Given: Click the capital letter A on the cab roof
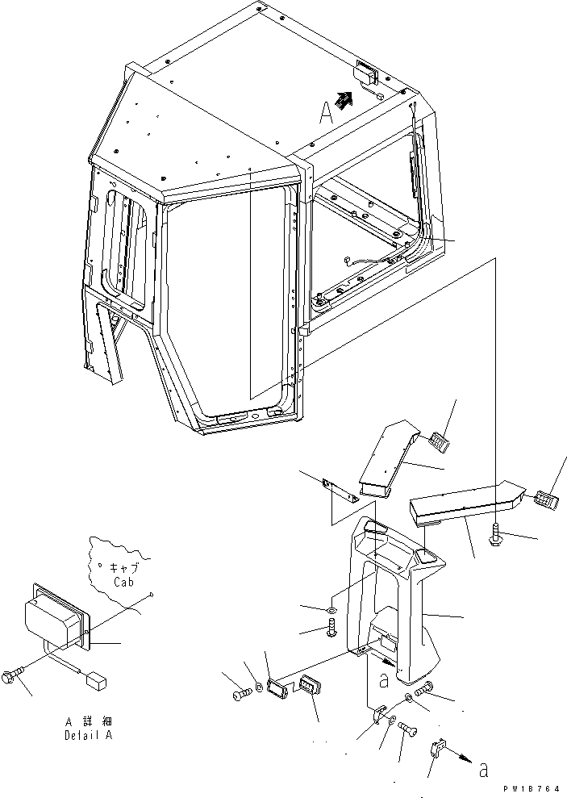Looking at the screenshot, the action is coord(326,112).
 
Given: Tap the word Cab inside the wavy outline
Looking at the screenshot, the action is coord(123,581).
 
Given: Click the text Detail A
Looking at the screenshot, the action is coord(89,735).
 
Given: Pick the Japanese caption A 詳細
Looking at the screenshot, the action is coord(89,721).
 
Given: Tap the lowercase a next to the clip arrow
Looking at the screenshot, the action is coord(483,770).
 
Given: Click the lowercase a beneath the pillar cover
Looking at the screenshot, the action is coord(384,680).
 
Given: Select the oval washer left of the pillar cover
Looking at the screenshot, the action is coord(331,609).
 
